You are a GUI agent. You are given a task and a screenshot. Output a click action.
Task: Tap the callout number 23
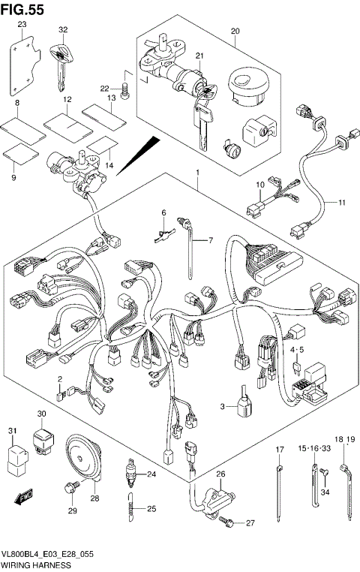coord(22,25)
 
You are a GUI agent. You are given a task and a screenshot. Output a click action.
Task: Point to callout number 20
coord(235,31)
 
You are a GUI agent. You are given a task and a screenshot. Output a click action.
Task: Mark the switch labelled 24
coord(132,474)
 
